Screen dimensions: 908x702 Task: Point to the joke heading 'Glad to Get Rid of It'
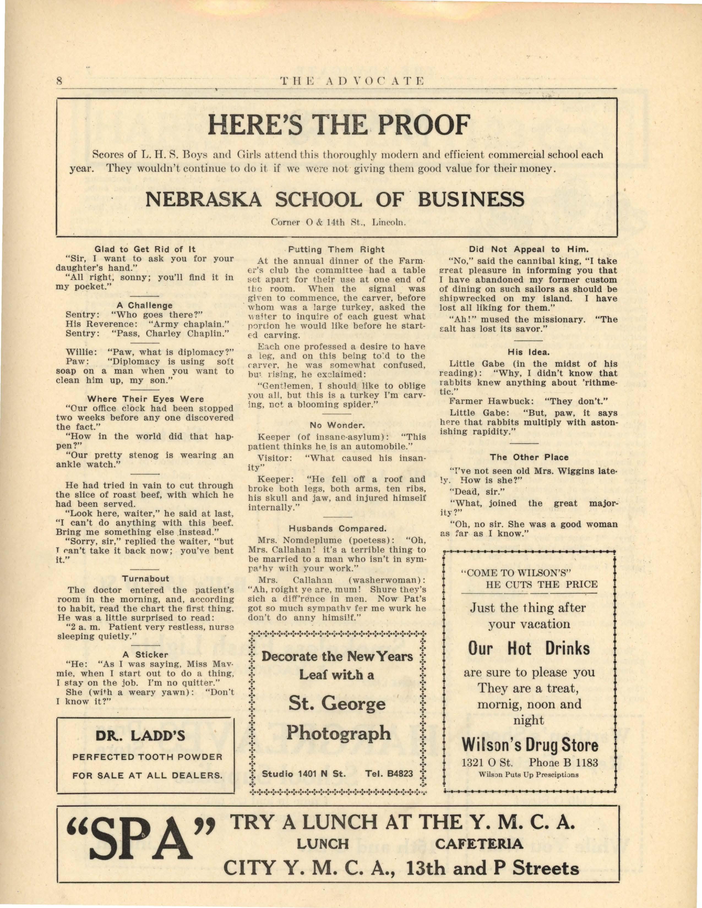tap(145, 250)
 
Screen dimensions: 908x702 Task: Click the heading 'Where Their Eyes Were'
tap(145, 399)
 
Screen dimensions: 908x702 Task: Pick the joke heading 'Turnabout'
tap(146, 578)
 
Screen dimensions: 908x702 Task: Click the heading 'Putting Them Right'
tap(336, 250)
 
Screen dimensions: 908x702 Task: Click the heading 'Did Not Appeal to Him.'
tap(529, 250)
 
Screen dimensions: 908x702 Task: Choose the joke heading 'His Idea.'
tap(529, 352)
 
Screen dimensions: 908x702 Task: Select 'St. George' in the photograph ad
tap(337, 704)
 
